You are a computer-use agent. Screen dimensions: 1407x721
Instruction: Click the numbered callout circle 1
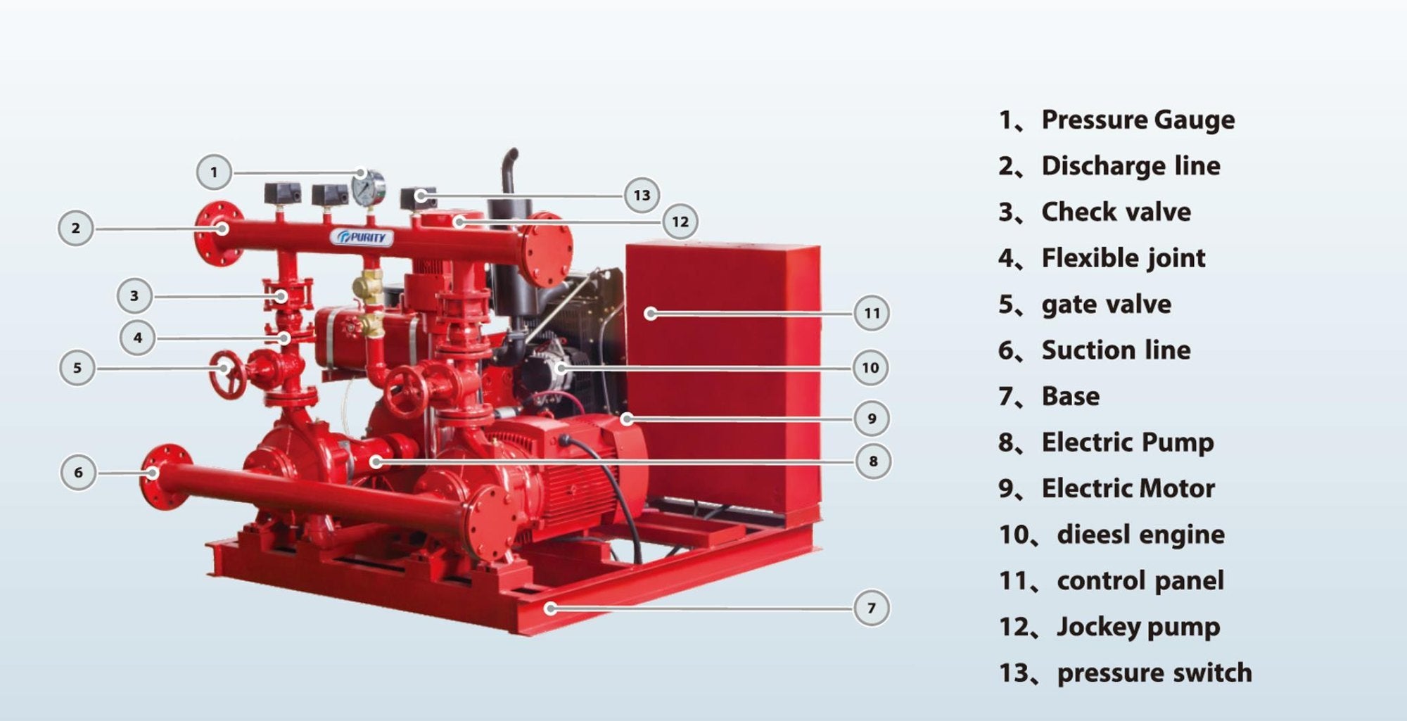(214, 172)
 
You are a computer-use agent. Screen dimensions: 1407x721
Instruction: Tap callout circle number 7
(872, 608)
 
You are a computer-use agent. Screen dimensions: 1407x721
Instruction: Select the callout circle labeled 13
(642, 195)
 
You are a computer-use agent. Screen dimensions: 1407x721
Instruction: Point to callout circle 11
(872, 313)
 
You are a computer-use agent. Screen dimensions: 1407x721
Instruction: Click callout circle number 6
(78, 472)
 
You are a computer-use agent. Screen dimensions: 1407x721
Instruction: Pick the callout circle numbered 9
(872, 419)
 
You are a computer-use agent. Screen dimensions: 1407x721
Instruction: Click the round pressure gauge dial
(369, 188)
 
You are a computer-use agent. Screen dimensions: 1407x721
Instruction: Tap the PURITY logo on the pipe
(362, 238)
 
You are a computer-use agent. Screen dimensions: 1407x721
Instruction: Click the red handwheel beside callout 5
(227, 374)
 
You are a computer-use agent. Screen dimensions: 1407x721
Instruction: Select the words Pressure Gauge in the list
(1138, 120)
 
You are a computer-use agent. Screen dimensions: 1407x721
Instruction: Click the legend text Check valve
(1116, 212)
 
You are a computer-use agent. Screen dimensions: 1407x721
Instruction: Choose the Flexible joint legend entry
(1123, 258)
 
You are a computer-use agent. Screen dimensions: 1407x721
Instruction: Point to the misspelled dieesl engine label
(1140, 535)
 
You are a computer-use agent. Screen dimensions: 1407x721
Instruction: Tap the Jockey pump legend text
(1138, 627)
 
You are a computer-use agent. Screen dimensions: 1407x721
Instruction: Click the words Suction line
(1116, 350)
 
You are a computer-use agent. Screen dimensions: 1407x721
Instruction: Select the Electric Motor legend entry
(1128, 488)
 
